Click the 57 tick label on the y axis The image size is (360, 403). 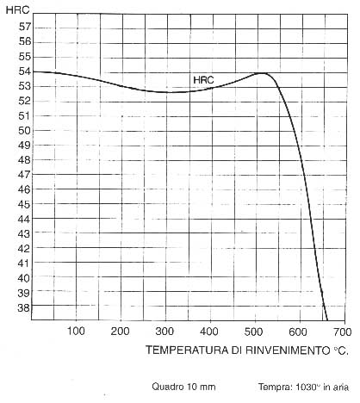[x=25, y=27]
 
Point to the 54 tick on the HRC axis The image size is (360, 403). [x=25, y=71]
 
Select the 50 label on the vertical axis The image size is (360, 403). [x=25, y=131]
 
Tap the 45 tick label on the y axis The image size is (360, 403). [x=25, y=204]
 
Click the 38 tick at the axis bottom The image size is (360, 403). [x=24, y=307]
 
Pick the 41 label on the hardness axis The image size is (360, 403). [x=24, y=263]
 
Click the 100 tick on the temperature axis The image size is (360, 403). [x=76, y=332]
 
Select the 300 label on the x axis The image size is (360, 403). [x=164, y=332]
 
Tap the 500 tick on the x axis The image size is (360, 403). [x=254, y=332]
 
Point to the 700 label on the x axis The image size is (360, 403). [x=343, y=332]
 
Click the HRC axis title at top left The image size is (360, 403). [x=17, y=10]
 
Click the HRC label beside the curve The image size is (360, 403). [x=203, y=80]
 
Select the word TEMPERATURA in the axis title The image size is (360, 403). [x=187, y=350]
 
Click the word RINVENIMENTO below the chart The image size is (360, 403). [x=288, y=350]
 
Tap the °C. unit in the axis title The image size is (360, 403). [x=341, y=350]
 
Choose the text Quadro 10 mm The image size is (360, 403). [x=183, y=387]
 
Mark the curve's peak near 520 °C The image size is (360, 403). [x=263, y=73]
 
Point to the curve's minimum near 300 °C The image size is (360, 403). [x=166, y=92]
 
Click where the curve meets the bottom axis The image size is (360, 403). [x=327, y=319]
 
